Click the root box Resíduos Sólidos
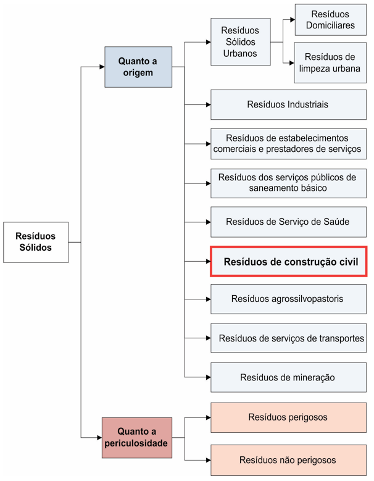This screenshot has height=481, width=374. (36, 242)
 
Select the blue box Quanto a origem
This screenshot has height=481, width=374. (138, 67)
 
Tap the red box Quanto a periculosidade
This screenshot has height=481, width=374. (137, 437)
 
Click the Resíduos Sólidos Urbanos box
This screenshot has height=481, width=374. (240, 42)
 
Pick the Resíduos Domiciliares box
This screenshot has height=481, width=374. (330, 20)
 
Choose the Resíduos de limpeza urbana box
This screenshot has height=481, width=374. (330, 62)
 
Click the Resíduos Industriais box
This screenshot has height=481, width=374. (288, 104)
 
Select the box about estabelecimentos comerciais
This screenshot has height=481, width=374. (288, 144)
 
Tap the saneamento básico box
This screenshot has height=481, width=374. (288, 183)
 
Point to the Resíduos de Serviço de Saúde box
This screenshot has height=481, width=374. (288, 222)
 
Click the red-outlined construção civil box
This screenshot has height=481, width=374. (288, 261)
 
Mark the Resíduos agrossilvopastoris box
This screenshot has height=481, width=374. (288, 299)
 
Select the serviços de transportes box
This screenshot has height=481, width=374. (288, 338)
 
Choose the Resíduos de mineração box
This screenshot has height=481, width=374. (288, 377)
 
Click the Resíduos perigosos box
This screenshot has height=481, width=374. (288, 417)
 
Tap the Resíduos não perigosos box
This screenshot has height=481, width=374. (288, 460)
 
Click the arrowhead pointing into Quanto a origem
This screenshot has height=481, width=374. (102, 67)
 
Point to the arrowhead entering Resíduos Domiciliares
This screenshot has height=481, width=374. (293, 20)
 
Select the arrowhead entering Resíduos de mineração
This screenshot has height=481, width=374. (208, 377)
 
